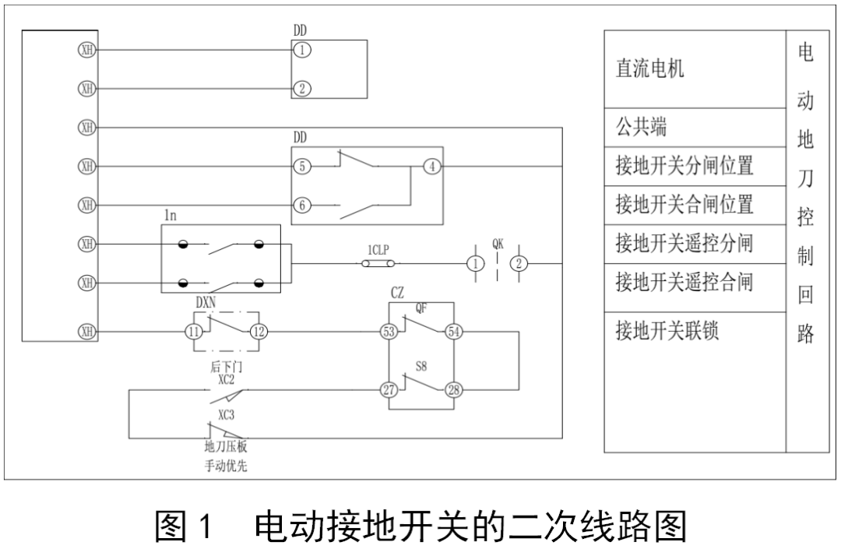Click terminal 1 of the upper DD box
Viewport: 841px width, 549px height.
301,50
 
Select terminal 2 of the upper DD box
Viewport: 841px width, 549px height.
301,88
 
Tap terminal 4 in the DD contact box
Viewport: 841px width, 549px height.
432,166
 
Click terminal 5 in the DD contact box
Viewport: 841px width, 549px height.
301,166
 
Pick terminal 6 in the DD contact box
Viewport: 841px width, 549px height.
301,206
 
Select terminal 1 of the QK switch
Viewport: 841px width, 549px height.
474,264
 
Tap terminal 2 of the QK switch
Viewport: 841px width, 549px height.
519,264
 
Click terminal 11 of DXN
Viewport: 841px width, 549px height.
193,332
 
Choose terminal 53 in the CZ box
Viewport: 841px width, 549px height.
389,332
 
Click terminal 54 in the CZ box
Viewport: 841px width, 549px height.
453,332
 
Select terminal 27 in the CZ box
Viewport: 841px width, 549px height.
389,389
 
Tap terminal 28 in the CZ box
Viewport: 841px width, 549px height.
453,389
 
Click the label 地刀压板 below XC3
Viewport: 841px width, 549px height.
225,448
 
